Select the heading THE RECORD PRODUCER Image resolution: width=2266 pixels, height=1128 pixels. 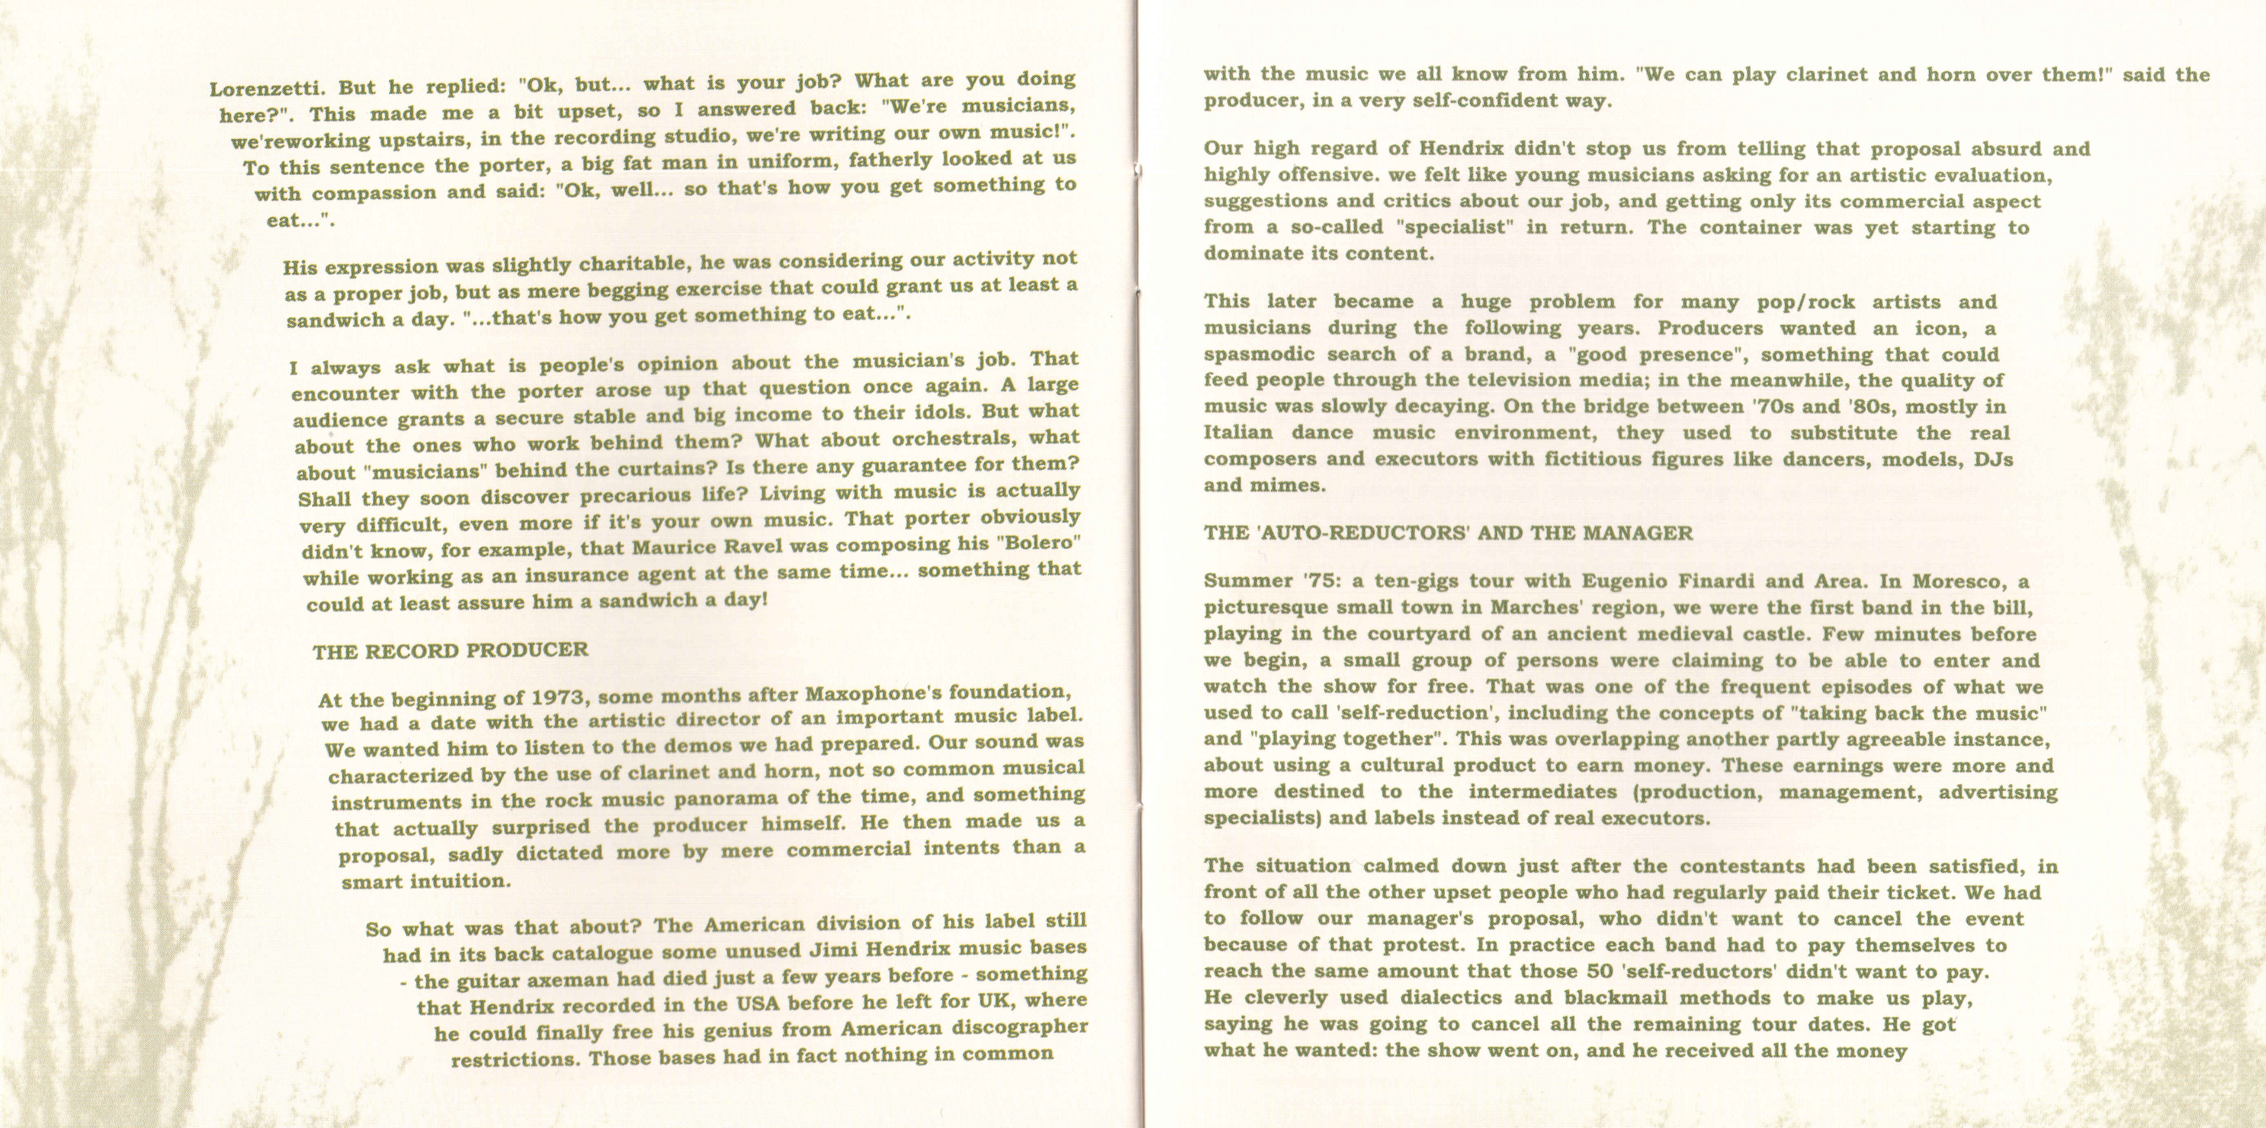coord(450,651)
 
